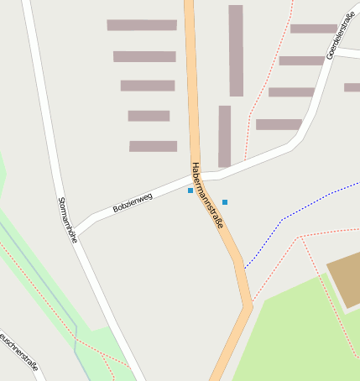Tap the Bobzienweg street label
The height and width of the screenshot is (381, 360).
(133, 201)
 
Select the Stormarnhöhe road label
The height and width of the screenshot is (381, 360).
(67, 220)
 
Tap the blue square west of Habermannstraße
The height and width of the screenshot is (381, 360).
(190, 190)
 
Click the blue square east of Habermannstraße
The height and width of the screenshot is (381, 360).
(225, 202)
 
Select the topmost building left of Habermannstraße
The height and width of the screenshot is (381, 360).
(142, 25)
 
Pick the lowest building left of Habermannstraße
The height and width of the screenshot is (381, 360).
(153, 146)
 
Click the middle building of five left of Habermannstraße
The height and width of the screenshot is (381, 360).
(148, 86)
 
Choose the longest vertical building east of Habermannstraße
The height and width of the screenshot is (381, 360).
(236, 50)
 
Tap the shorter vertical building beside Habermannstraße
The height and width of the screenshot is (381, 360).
(224, 136)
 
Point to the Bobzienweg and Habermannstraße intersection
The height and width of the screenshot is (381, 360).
(198, 178)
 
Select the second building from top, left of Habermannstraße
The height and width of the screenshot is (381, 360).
(144, 56)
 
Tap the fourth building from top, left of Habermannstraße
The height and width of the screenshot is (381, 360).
(149, 116)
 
